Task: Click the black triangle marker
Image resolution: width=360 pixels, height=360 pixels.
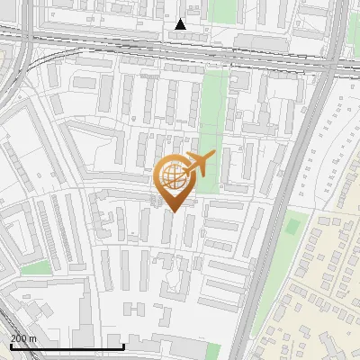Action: [181, 24]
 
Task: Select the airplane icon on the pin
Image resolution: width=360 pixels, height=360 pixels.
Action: [198, 165]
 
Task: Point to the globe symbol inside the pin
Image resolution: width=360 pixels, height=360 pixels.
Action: [173, 176]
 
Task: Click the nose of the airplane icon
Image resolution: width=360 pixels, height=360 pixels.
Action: [213, 157]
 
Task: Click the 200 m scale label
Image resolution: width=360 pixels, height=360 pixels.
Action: [23, 338]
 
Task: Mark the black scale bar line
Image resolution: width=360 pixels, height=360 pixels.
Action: [67, 346]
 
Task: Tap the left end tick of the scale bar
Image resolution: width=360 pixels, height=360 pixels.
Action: [11, 345]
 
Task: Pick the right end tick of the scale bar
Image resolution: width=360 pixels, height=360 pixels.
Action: [123, 345]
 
